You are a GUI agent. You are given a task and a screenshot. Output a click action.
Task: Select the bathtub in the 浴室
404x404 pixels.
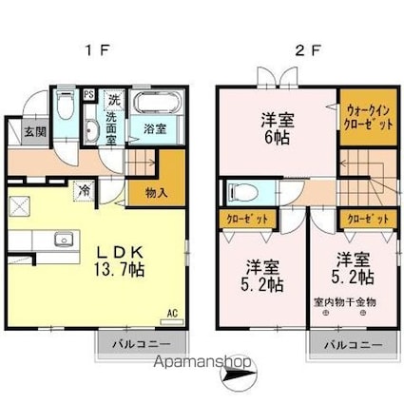[151, 106]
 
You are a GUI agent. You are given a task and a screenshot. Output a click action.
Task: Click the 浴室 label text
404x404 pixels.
[155, 126]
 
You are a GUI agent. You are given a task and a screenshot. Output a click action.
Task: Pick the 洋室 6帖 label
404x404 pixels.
[277, 128]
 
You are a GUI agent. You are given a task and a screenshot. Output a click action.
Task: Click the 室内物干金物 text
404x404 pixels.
[344, 302]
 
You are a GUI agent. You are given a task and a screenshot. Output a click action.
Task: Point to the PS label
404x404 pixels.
[88, 94]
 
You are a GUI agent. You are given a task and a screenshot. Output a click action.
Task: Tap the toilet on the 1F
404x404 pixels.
[64, 105]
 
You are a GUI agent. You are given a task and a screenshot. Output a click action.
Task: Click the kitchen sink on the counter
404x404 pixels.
[65, 239]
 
